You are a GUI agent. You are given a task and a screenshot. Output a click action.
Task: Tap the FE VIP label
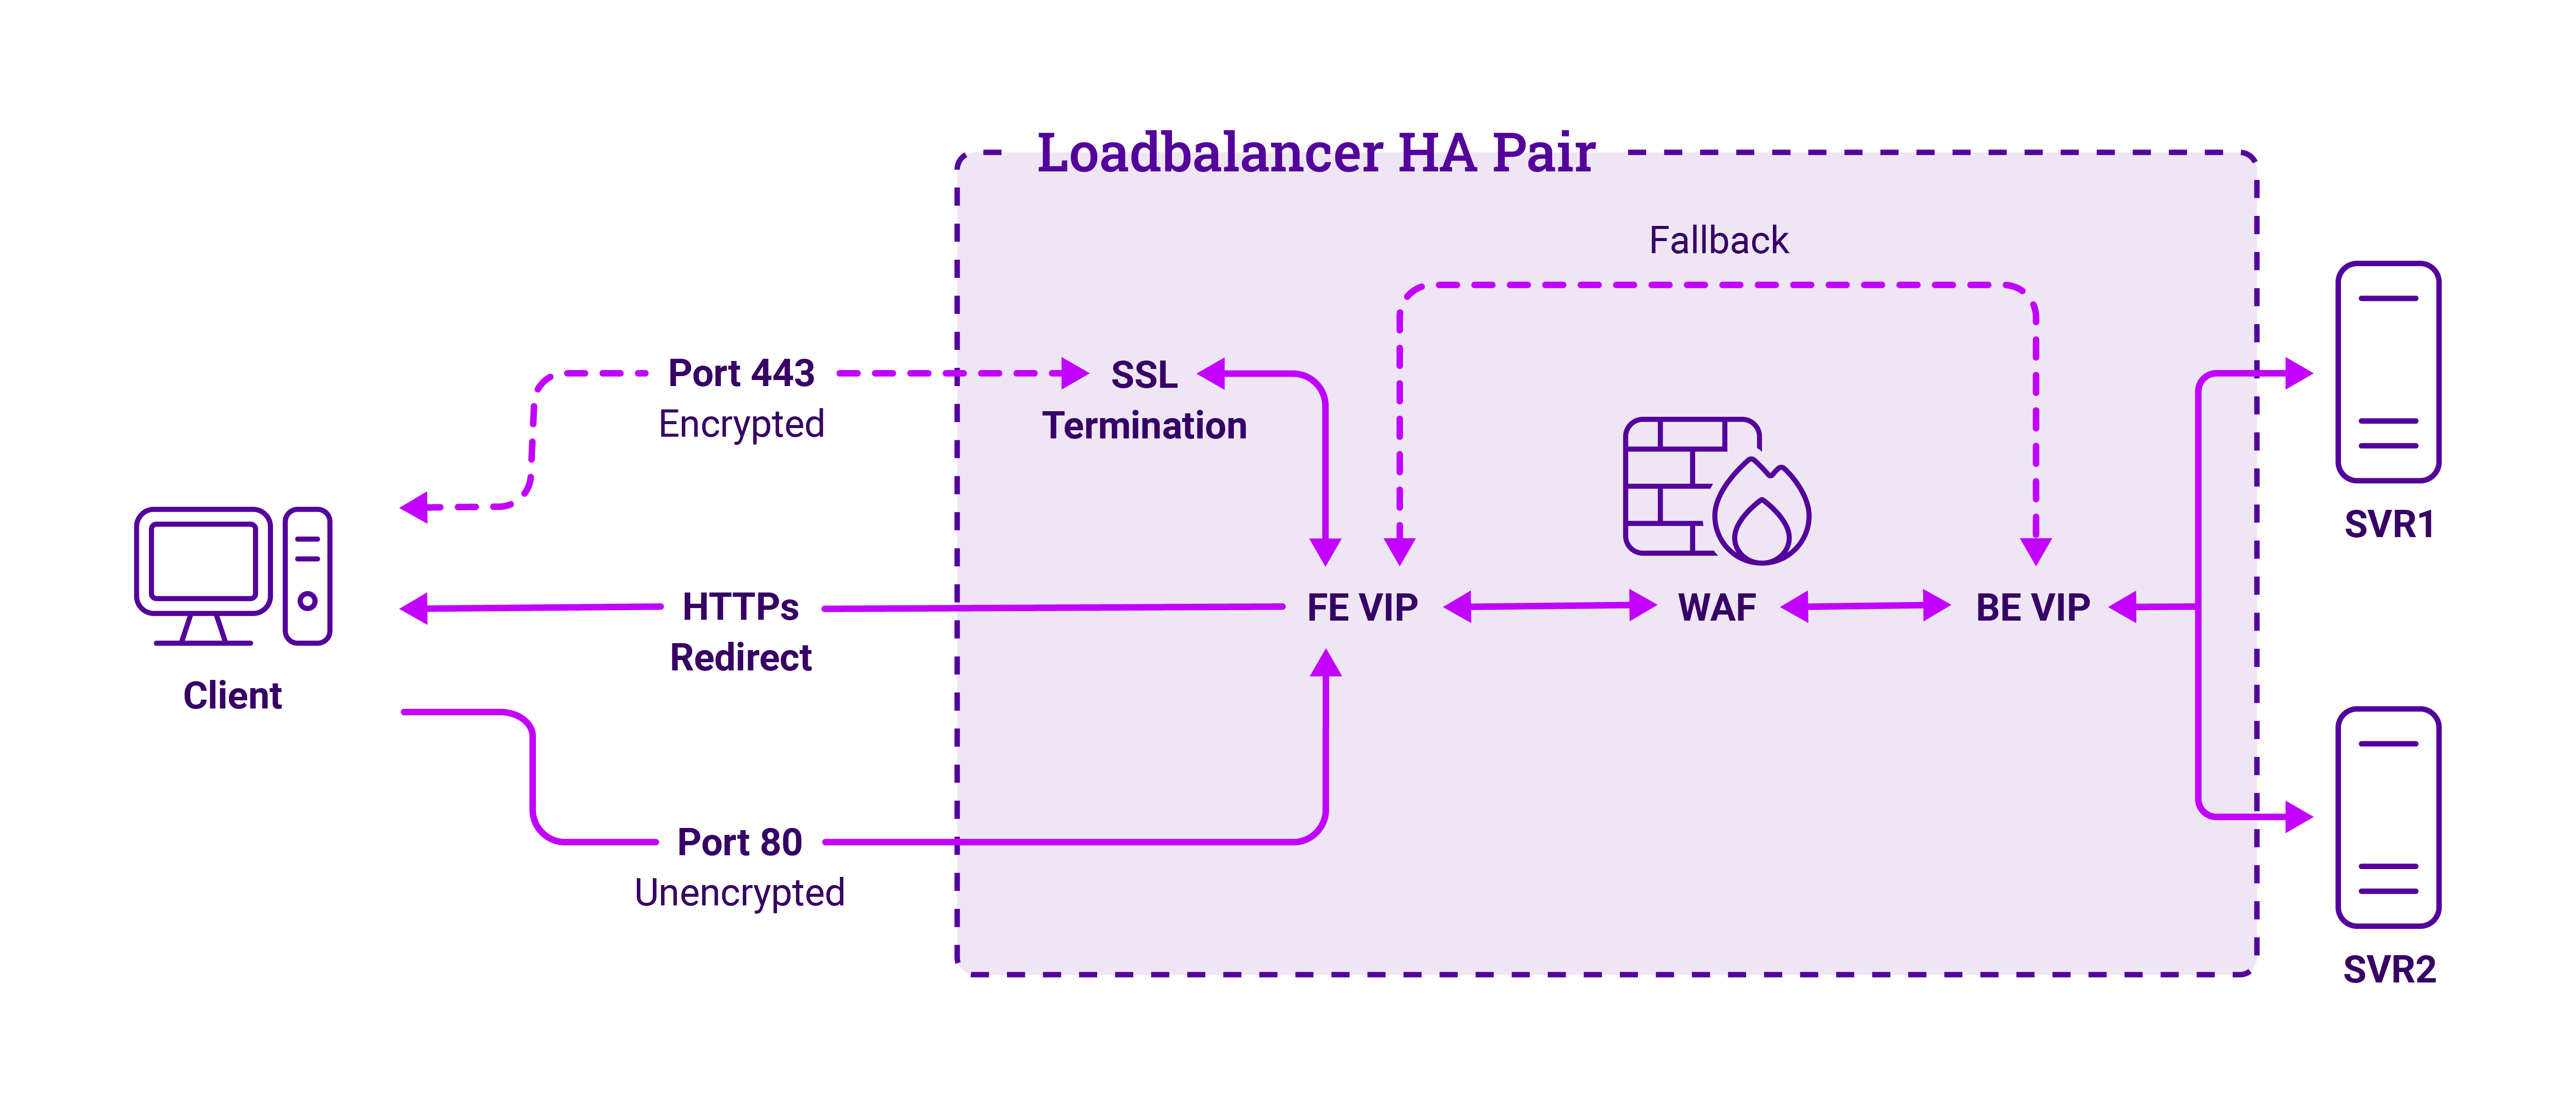[1362, 607]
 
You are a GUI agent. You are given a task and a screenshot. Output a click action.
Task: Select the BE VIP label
[2032, 607]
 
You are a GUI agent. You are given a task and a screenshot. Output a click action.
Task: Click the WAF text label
[1716, 607]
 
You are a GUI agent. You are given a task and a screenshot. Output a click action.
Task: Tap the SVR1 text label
[2388, 524]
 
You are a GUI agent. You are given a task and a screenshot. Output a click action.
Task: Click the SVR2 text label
[2388, 969]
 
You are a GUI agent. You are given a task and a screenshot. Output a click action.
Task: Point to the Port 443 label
[741, 373]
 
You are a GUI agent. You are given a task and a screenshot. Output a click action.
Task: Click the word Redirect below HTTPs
[741, 658]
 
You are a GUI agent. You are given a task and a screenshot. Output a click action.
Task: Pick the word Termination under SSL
[1145, 426]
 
